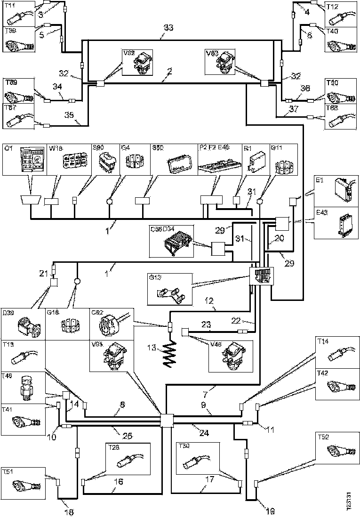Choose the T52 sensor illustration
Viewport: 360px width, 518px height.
(340, 451)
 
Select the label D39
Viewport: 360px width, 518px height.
(8, 313)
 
